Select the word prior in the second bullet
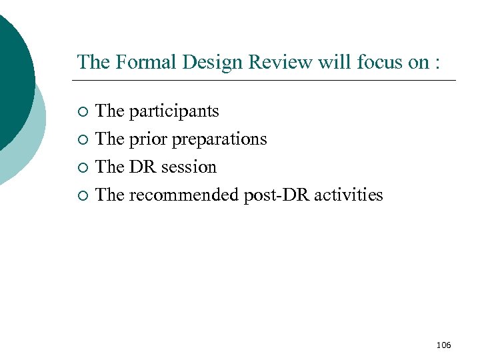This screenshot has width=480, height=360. pos(148,139)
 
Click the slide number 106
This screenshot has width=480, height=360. pos(443,345)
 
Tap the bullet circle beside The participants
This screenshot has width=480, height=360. pos(82,112)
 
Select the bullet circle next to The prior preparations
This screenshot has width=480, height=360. pos(82,140)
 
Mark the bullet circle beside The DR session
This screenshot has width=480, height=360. pos(82,168)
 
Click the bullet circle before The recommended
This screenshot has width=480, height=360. pos(82,196)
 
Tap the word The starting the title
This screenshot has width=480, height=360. pos(93,62)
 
